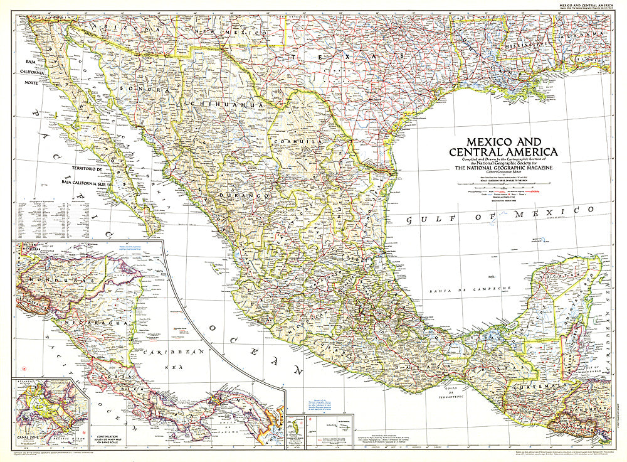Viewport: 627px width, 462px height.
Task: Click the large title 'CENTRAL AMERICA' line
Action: point(503,151)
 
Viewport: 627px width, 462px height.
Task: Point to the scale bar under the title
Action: point(502,183)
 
